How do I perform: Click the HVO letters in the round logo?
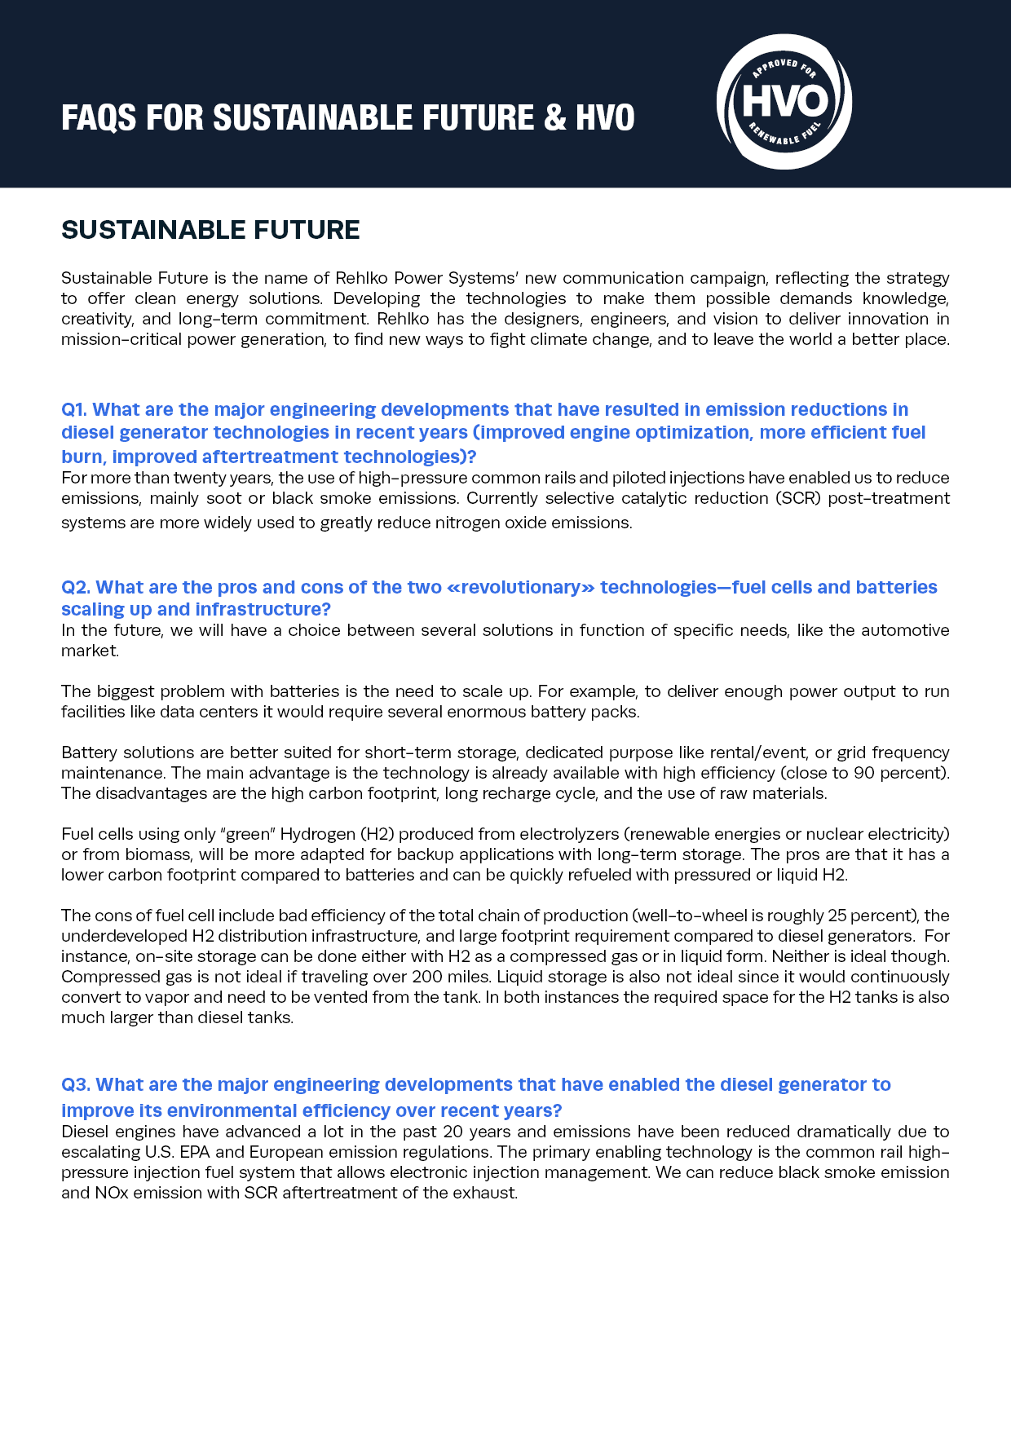coord(784,102)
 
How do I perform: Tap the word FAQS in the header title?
coord(99,118)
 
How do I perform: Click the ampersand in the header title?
coord(554,118)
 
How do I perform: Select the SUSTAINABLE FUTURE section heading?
coord(210,230)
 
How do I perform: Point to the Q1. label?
coord(74,409)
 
